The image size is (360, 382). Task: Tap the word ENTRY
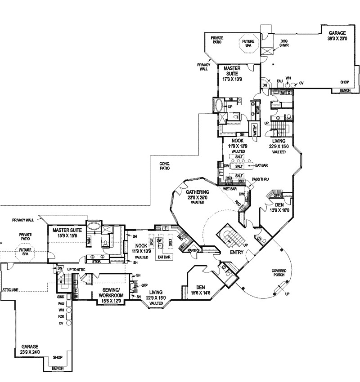(x=236, y=253)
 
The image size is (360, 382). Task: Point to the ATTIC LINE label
(x=9, y=290)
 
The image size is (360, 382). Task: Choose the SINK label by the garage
(x=61, y=297)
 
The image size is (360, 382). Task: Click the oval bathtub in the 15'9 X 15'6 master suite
(x=94, y=226)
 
